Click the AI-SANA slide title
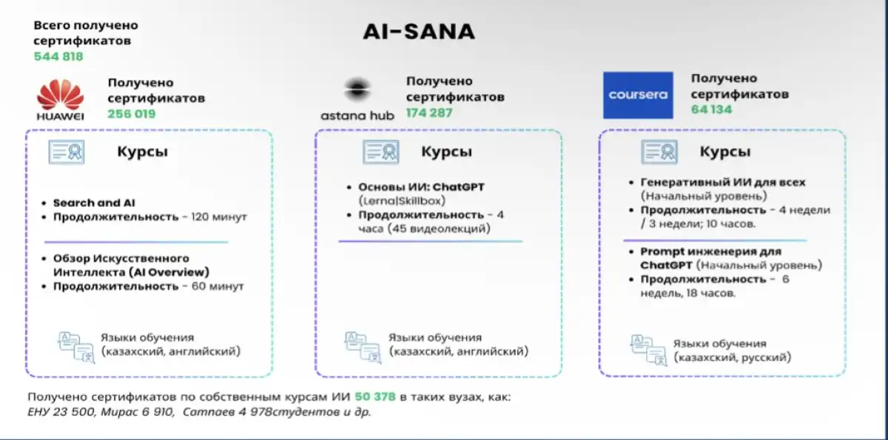pos(419,32)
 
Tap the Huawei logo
pos(61,99)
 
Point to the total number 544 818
pos(58,56)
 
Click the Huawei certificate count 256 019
pos(132,114)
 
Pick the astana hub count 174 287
pos(429,113)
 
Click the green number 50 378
pos(375,397)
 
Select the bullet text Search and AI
pos(94,203)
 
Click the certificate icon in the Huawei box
pos(67,152)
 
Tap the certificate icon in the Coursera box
pos(659,152)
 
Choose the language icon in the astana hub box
pos(363,347)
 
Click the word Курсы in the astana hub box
pos(446,152)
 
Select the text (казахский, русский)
pos(732,357)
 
